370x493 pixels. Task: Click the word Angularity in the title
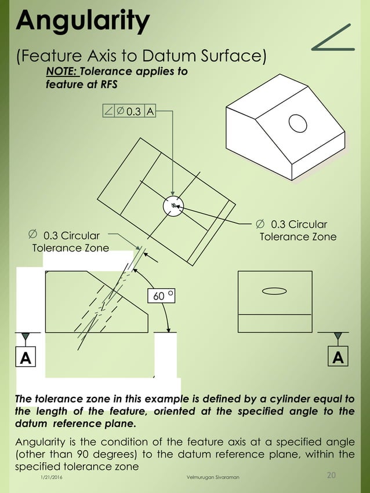click(x=83, y=21)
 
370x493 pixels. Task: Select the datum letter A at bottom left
click(x=26, y=359)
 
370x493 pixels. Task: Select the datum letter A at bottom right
click(x=338, y=359)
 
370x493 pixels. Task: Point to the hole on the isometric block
click(x=298, y=123)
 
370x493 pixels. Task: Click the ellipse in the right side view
click(x=275, y=290)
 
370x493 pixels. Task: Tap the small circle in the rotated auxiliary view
click(x=173, y=205)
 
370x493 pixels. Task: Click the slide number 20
click(x=332, y=476)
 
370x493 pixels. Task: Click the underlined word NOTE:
click(x=61, y=72)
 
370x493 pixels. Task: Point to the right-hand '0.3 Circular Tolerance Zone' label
click(x=297, y=231)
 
